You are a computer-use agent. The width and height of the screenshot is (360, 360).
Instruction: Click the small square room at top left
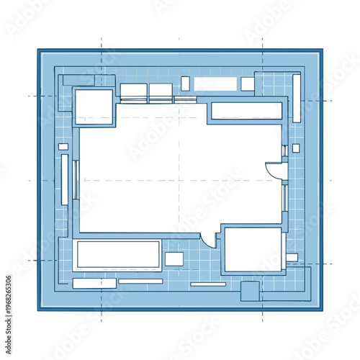click(94, 106)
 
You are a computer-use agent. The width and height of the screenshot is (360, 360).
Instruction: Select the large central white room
click(180, 176)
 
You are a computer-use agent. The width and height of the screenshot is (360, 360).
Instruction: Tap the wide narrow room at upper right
click(246, 110)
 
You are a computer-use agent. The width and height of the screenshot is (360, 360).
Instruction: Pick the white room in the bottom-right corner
click(252, 250)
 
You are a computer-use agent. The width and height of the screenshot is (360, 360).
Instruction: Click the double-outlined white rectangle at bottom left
click(117, 255)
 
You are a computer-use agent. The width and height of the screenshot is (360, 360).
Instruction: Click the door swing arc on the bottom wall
click(209, 239)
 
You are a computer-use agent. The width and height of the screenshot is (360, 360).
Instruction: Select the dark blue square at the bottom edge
click(249, 291)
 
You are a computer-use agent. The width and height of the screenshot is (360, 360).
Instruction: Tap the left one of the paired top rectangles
click(133, 91)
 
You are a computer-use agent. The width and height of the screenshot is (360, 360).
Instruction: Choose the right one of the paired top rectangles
click(161, 91)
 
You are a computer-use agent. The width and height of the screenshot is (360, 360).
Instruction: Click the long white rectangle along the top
click(215, 84)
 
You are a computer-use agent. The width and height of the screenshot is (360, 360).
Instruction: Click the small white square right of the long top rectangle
click(247, 84)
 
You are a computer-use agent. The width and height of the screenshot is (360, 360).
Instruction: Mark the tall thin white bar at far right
click(296, 97)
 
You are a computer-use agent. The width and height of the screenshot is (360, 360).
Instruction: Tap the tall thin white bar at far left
click(65, 179)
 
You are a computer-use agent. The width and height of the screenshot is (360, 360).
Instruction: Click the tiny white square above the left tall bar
click(63, 147)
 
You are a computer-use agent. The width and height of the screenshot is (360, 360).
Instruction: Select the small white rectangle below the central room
click(174, 258)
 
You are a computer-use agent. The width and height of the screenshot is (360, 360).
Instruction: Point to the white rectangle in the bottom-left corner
click(94, 283)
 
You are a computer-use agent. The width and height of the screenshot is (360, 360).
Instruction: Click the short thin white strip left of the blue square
click(208, 284)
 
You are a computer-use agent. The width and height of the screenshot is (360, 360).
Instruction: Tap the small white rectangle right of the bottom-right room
click(292, 257)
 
